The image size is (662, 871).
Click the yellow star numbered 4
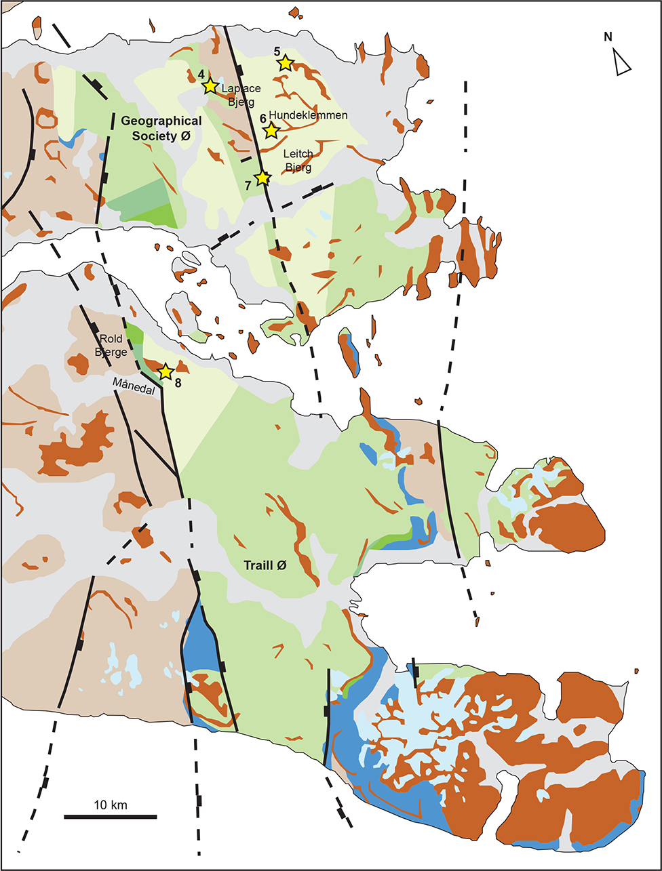(x=210, y=86)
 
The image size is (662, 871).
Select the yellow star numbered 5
(x=285, y=63)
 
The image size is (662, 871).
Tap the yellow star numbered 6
(x=271, y=130)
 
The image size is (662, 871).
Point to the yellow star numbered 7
(x=262, y=178)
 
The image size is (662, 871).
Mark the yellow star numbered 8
(x=165, y=371)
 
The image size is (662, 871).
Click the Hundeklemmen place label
(x=308, y=116)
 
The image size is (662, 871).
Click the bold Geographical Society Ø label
(x=161, y=127)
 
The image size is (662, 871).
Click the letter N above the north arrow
(x=608, y=37)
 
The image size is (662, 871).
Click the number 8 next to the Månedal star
(x=178, y=382)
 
